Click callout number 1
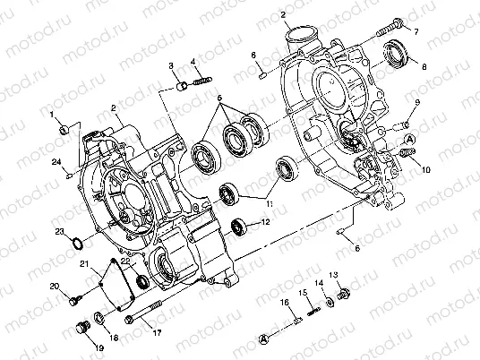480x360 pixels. pos(53,115)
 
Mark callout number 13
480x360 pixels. pos(333,275)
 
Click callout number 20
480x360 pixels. pos(54,287)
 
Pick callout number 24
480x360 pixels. pos(56,162)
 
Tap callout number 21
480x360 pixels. pos(83,263)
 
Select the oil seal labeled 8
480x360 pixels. pos(395,57)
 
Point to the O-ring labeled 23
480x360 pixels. pos(79,244)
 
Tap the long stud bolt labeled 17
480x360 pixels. pos(146,315)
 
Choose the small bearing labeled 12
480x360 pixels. pos(238,224)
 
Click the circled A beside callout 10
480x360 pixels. pos(408,141)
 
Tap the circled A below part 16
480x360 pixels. pos(264,339)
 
